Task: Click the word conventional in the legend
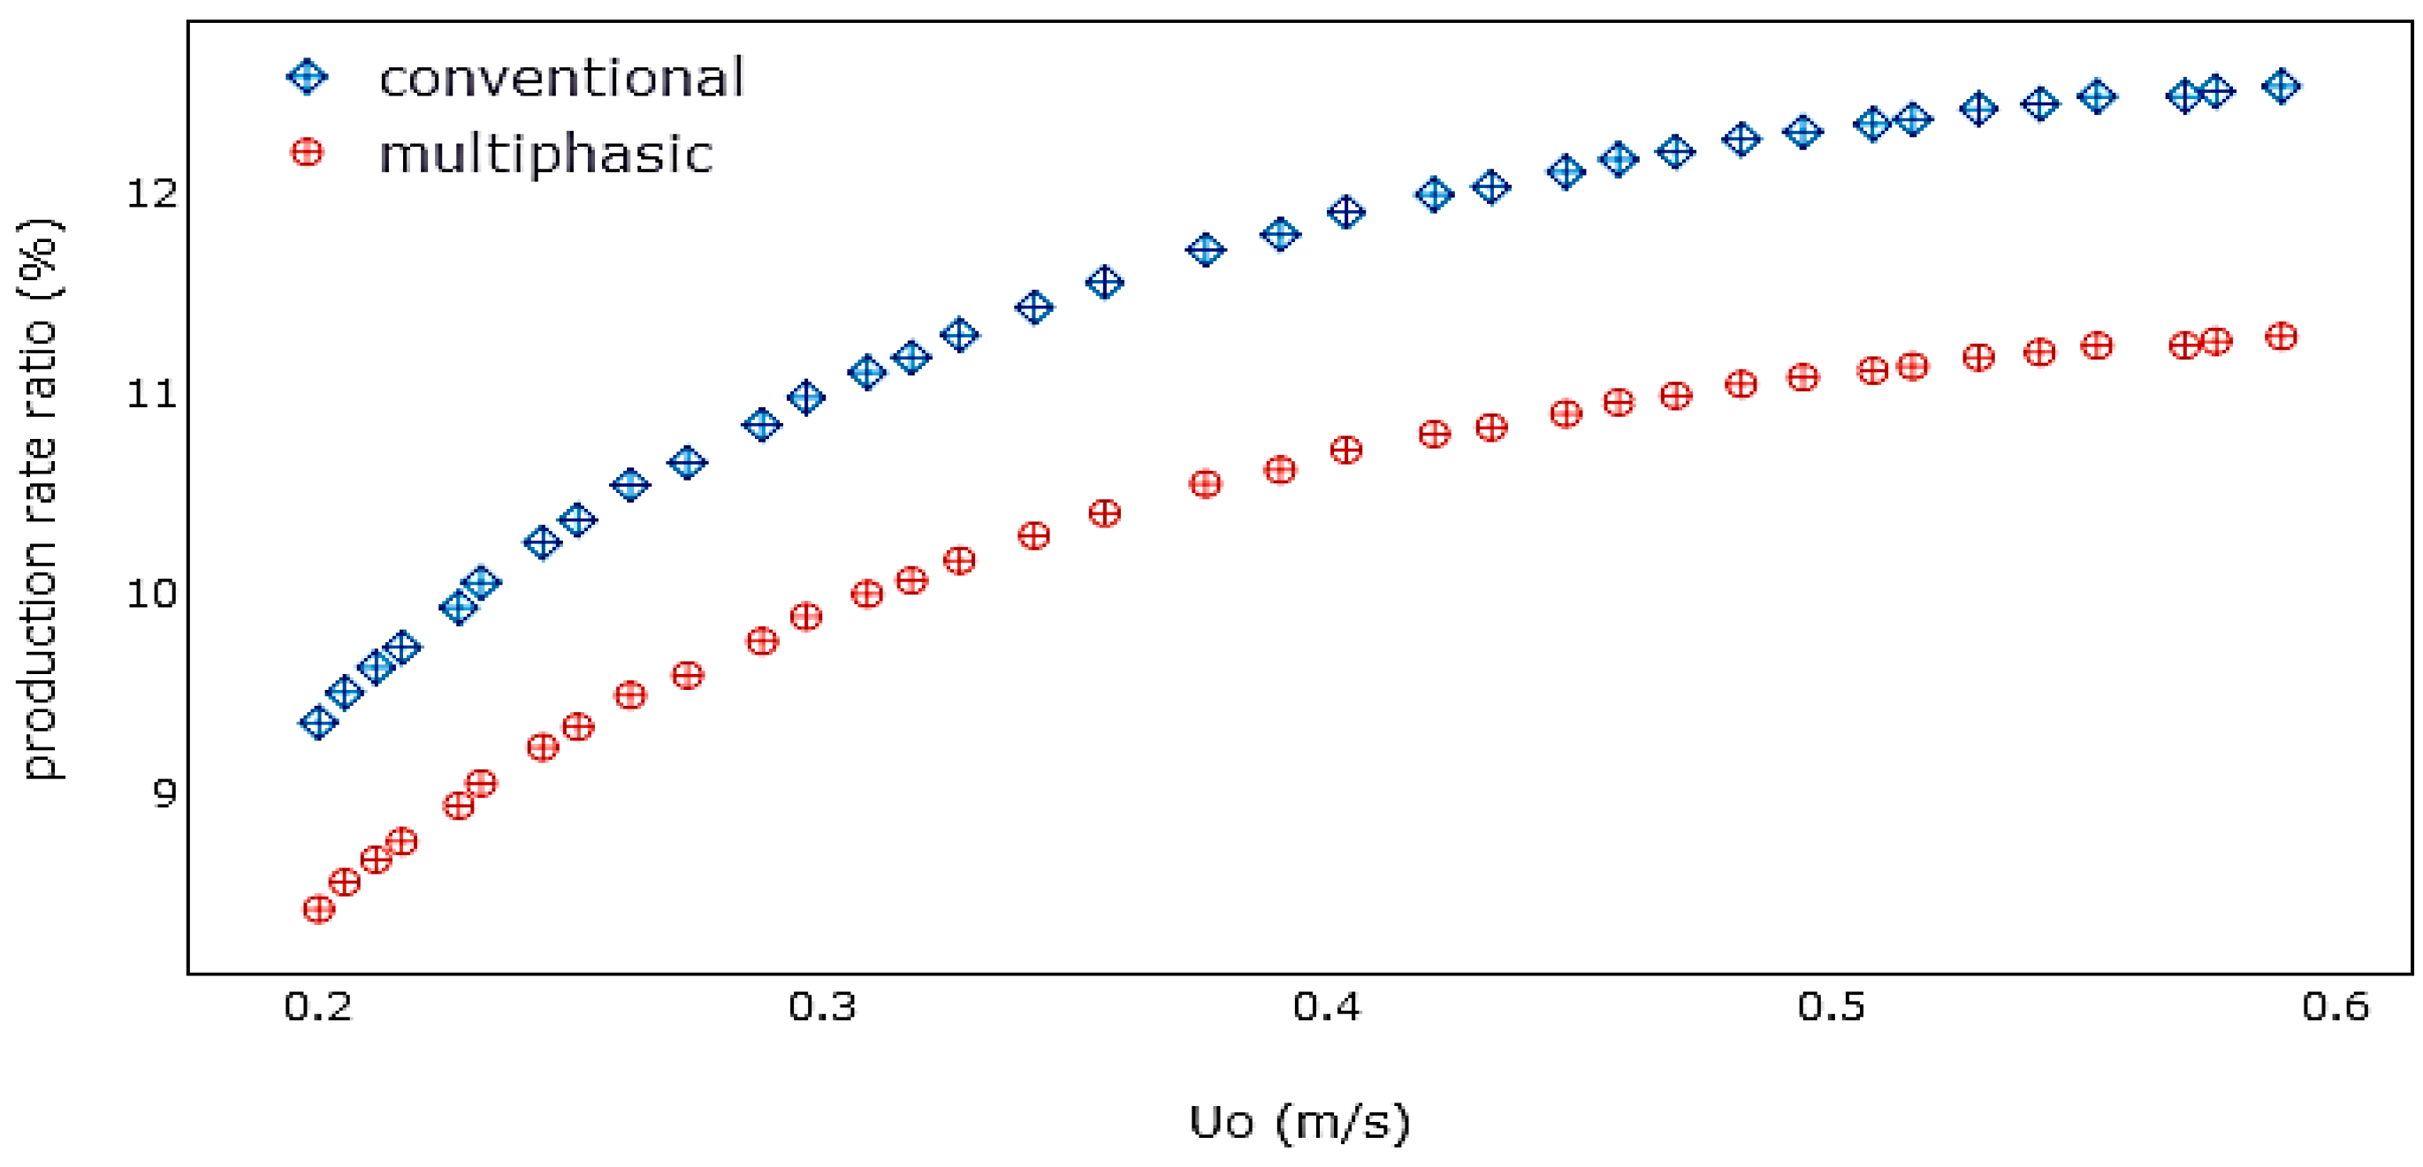pyautogui.click(x=561, y=78)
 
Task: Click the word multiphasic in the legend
pyautogui.click(x=545, y=155)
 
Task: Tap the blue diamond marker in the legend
pyautogui.click(x=308, y=76)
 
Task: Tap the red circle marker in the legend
pyautogui.click(x=308, y=152)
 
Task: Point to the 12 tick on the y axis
pyautogui.click(x=151, y=193)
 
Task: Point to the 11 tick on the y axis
pyautogui.click(x=151, y=394)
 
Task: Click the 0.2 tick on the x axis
pyautogui.click(x=318, y=1007)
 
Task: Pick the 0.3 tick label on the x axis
pyautogui.click(x=822, y=1007)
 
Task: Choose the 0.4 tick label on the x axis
pyautogui.click(x=1327, y=1007)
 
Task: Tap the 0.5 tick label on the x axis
pyautogui.click(x=1832, y=1007)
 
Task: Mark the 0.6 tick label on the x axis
pyautogui.click(x=2335, y=1007)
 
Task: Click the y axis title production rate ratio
pyautogui.click(x=41, y=498)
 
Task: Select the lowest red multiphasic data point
pyautogui.click(x=319, y=909)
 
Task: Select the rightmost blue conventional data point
pyautogui.click(x=2281, y=87)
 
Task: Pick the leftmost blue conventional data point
pyautogui.click(x=319, y=723)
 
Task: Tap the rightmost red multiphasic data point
pyautogui.click(x=2281, y=337)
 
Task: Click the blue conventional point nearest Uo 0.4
pyautogui.click(x=1346, y=212)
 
